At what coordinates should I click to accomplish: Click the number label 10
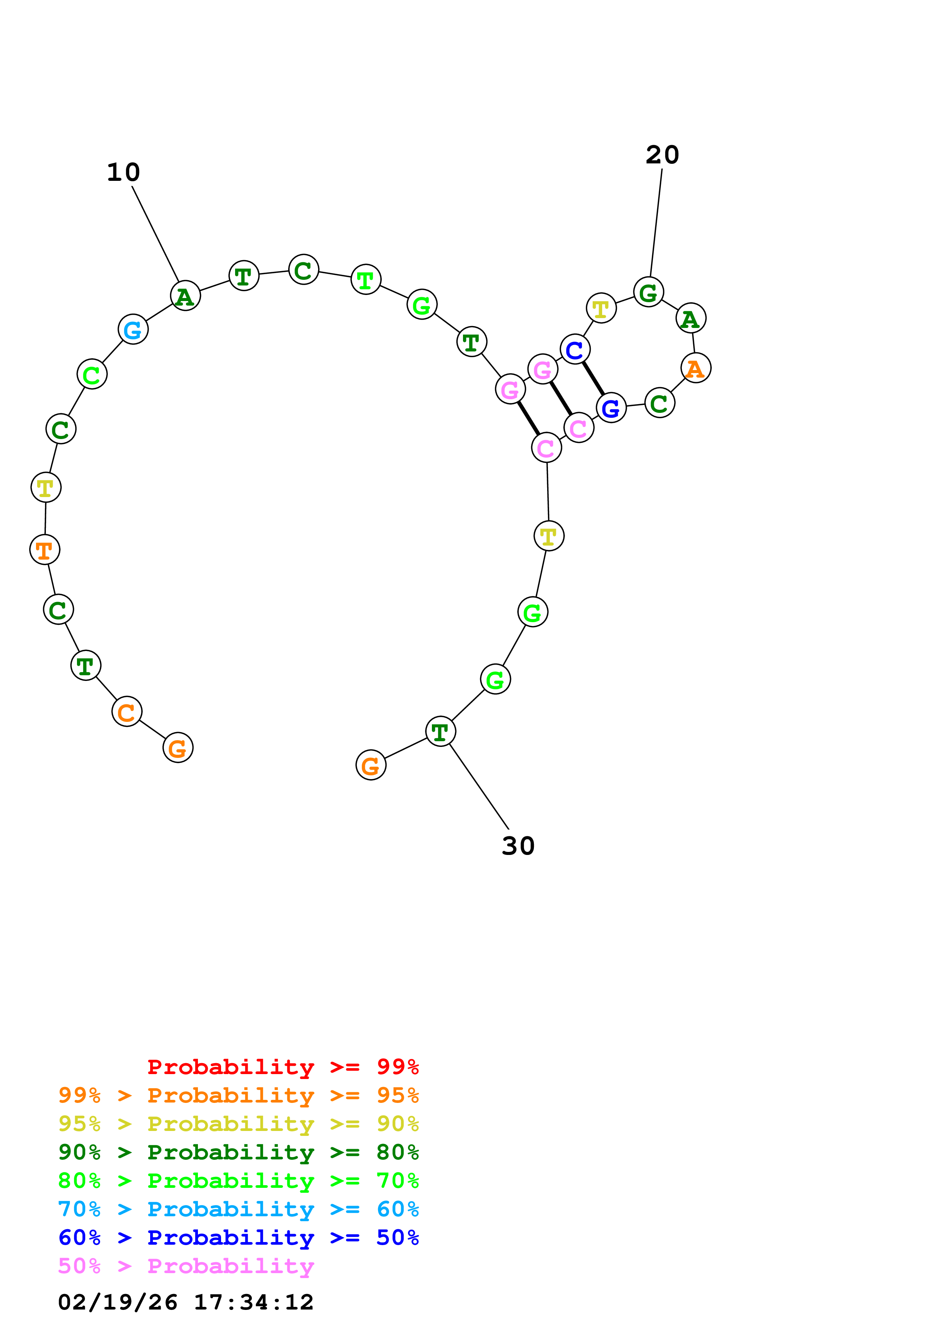[123, 172]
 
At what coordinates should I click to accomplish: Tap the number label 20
[662, 155]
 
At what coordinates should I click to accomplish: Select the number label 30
[518, 846]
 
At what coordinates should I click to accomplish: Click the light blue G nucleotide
[133, 329]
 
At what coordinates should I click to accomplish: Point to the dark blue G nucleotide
[611, 408]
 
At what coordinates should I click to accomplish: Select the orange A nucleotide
[695, 368]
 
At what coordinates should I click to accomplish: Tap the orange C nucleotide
[127, 712]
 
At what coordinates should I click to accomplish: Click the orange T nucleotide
[45, 549]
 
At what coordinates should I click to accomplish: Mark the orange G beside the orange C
[178, 748]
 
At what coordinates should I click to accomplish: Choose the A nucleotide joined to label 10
[185, 296]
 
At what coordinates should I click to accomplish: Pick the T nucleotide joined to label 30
[440, 732]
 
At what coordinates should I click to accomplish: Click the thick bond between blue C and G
[593, 378]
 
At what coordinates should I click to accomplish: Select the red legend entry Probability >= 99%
[282, 1067]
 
